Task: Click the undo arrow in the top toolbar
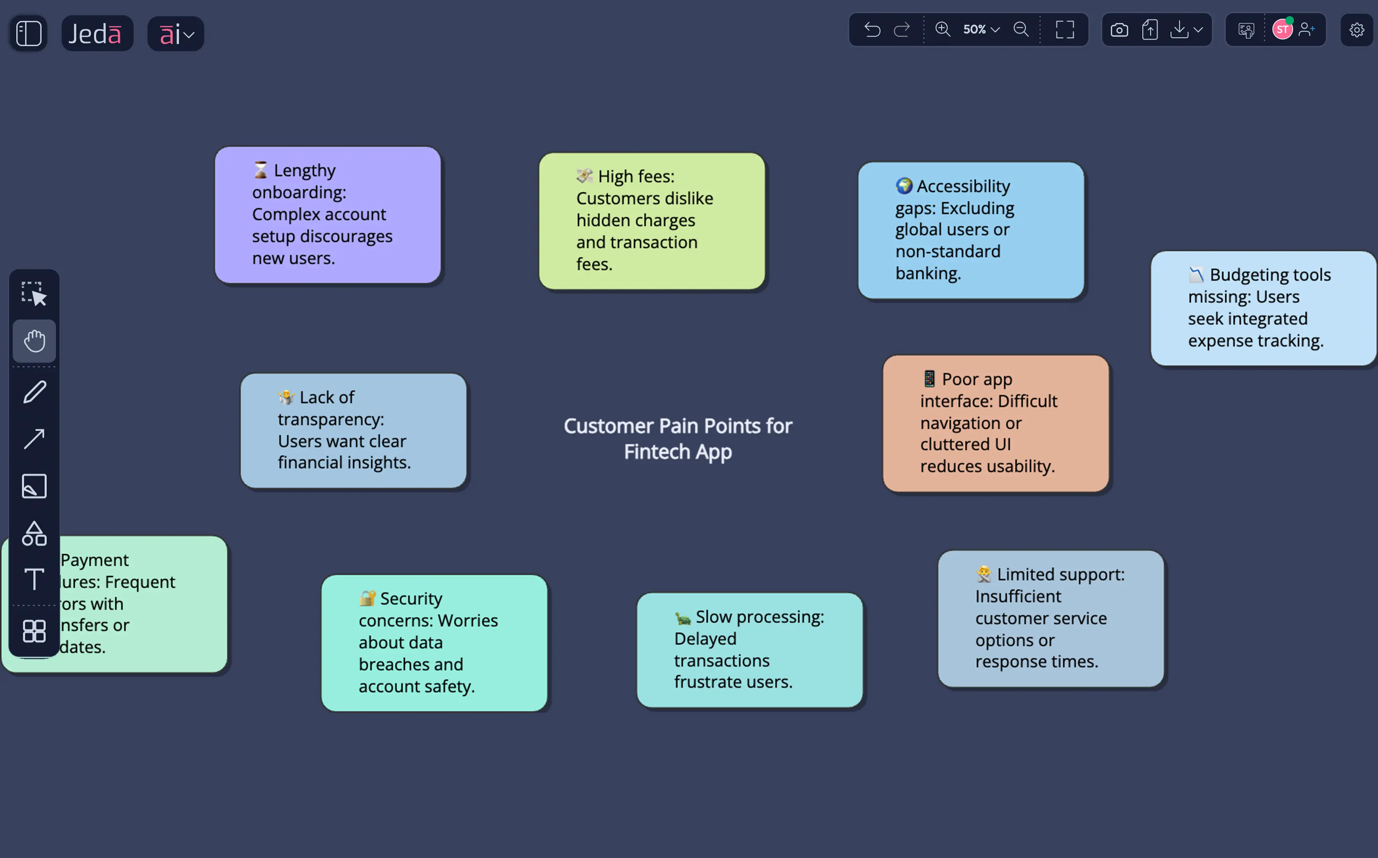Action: click(x=872, y=29)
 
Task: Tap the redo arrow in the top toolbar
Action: click(x=902, y=29)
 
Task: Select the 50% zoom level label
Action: click(x=974, y=29)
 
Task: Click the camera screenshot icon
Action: click(x=1119, y=30)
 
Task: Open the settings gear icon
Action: click(x=1357, y=30)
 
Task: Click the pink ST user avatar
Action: click(x=1282, y=29)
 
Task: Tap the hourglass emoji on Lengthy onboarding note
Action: click(x=260, y=170)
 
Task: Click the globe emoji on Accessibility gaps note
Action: click(x=904, y=185)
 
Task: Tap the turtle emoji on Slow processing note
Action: click(x=683, y=618)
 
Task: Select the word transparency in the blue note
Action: click(x=330, y=419)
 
